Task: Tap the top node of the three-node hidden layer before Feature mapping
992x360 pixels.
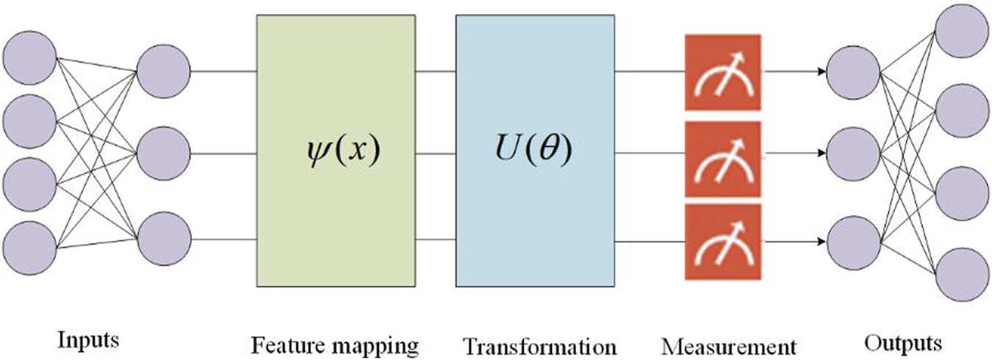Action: point(163,71)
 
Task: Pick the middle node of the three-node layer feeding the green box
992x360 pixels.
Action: point(163,154)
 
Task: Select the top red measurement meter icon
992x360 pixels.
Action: point(722,72)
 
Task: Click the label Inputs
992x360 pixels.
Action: point(89,341)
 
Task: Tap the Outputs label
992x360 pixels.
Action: point(903,342)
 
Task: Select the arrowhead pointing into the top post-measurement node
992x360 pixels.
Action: point(819,71)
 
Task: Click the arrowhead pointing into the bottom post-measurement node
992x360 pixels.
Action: point(819,240)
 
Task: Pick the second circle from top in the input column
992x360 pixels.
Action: point(29,120)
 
